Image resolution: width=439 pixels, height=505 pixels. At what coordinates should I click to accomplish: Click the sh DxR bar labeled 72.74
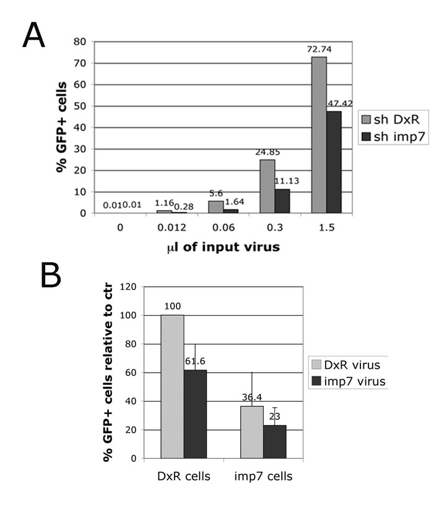click(x=319, y=135)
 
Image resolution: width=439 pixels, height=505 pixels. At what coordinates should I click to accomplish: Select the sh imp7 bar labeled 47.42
click(x=334, y=162)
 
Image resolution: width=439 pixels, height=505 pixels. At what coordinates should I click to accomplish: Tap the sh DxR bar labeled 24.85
click(x=267, y=186)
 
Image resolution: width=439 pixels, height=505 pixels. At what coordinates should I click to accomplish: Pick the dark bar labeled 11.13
click(x=282, y=201)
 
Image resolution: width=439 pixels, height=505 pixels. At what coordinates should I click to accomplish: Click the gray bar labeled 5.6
click(x=215, y=207)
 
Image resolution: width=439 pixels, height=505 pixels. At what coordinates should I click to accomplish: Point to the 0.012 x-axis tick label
click(x=172, y=228)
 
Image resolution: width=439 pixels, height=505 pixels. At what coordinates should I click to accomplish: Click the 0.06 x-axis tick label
click(x=224, y=228)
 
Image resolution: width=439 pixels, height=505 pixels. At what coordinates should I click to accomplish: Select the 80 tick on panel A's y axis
click(x=80, y=41)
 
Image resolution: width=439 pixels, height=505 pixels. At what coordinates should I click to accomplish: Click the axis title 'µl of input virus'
click(x=224, y=247)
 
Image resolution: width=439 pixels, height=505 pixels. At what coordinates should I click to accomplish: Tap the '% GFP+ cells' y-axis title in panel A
click(x=61, y=127)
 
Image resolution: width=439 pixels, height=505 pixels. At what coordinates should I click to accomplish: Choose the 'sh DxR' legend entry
click(x=391, y=119)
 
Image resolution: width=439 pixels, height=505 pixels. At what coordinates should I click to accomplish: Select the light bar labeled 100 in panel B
click(x=172, y=386)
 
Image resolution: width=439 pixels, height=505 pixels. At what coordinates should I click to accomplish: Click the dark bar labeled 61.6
click(x=195, y=414)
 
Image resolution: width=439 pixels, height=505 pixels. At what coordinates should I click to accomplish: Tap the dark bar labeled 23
click(x=275, y=442)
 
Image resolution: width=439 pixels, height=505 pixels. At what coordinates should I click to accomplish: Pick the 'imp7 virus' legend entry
click(x=349, y=381)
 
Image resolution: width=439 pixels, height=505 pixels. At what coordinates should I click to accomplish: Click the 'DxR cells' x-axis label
click(x=184, y=477)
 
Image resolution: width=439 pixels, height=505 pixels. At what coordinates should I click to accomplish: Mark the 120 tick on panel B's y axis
click(x=128, y=287)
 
